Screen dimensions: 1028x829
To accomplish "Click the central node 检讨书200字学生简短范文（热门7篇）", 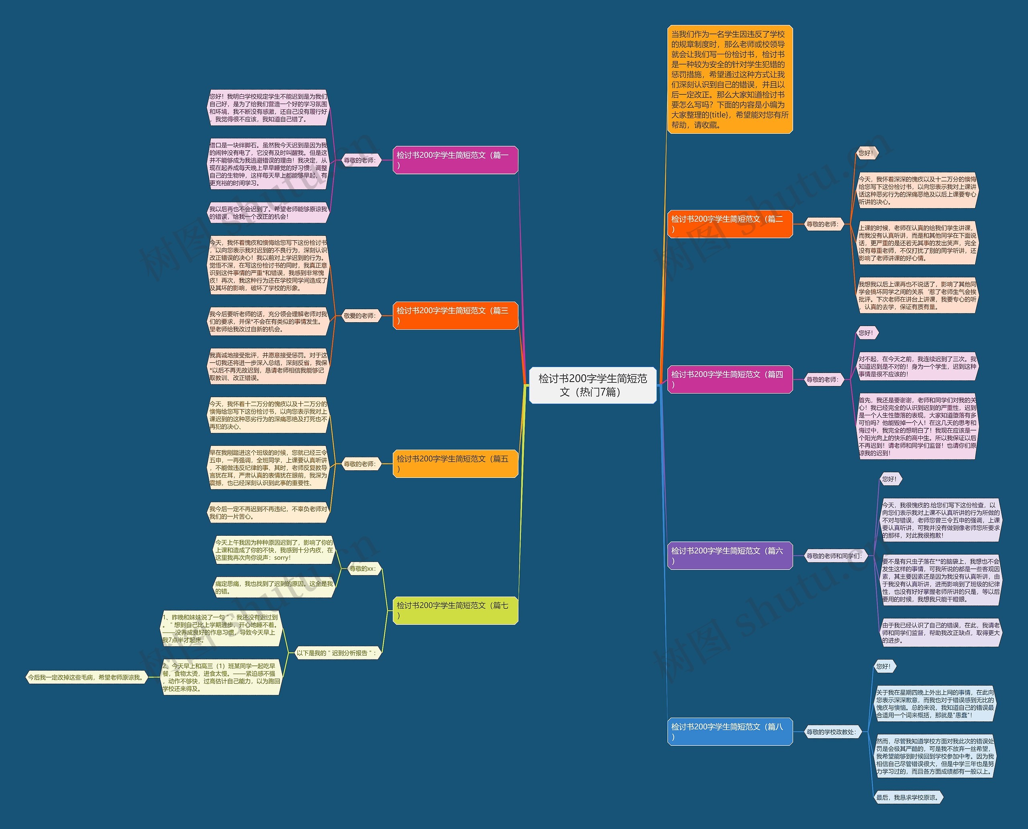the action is pos(593,385).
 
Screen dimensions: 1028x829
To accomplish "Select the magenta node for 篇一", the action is pos(455,160).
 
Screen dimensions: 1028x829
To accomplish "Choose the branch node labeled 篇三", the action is pos(455,316).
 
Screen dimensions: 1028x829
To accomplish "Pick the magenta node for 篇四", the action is pos(730,380).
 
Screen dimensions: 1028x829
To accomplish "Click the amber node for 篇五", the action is pos(455,464).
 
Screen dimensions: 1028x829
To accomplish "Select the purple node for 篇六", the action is pos(730,556).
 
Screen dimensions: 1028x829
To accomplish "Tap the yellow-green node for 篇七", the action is pos(455,610).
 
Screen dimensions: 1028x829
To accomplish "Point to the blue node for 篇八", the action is pos(730,731).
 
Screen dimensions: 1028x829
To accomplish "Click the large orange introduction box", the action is pos(730,79).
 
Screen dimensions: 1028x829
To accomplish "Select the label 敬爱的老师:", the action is pos(359,316).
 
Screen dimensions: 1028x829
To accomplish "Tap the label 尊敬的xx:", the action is pos(362,569).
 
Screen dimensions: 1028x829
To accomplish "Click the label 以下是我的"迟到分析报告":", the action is pos(336,653).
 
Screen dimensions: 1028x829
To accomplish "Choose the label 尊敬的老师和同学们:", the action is pos(834,556).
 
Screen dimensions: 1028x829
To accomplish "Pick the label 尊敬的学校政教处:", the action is pos(831,731).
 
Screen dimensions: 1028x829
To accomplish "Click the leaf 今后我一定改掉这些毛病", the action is pos(86,677).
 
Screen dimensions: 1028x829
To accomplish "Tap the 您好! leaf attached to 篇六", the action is pos(889,479).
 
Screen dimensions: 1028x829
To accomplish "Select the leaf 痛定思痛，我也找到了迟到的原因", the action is pos(273,587).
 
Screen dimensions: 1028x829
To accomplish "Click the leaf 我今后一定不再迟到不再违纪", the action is pos(268,513).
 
